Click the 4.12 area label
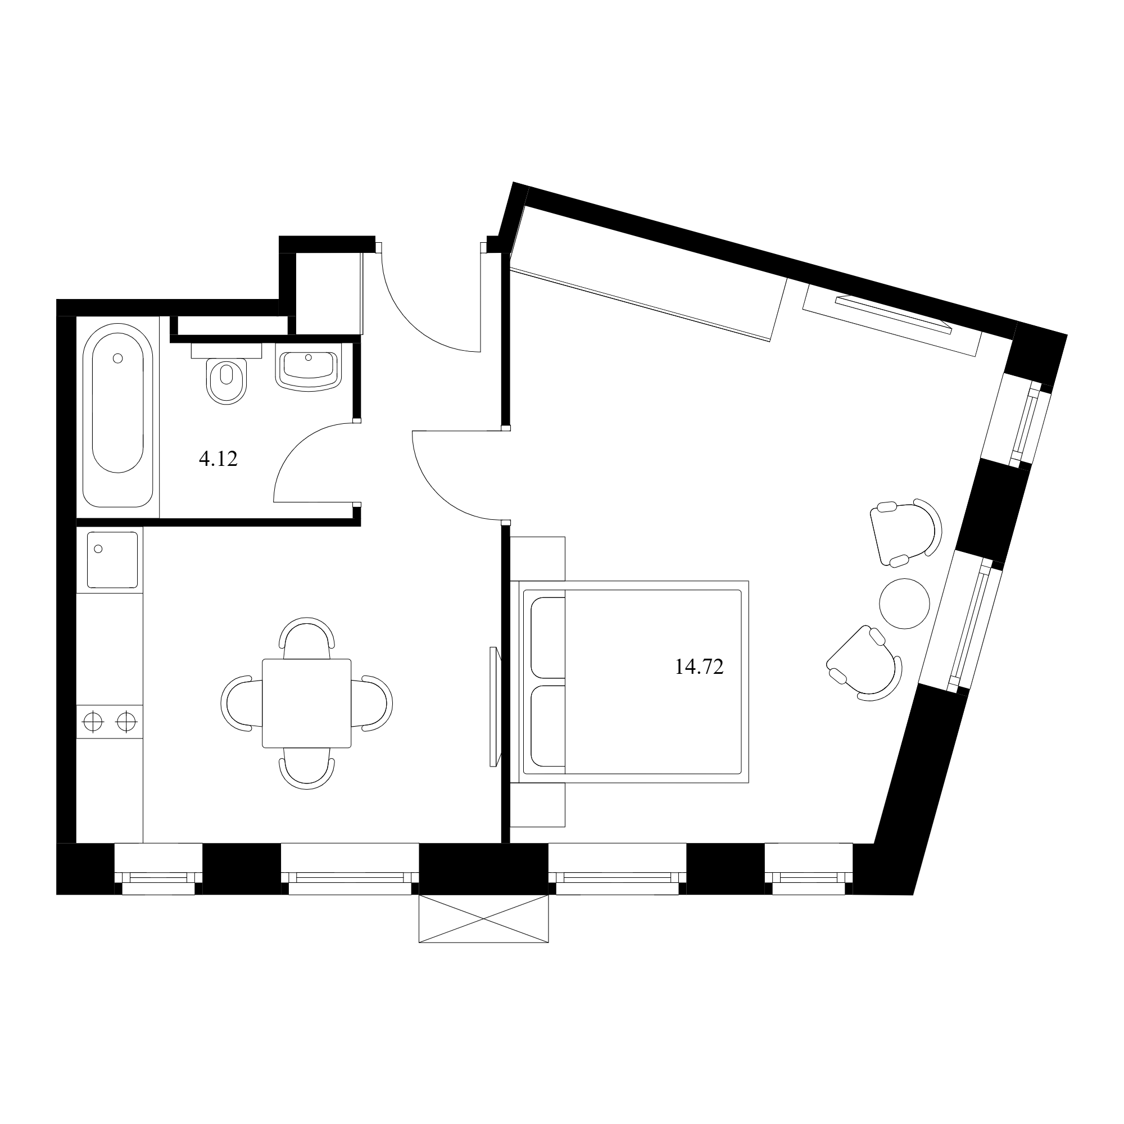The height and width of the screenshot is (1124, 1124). click(218, 460)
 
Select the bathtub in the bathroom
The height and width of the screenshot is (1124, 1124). click(118, 415)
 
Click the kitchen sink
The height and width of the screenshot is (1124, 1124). click(113, 559)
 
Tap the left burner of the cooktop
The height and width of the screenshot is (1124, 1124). click(93, 722)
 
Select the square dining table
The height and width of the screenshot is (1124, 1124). click(307, 704)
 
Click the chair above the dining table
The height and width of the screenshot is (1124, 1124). click(307, 637)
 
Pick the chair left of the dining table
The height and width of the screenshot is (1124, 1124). click(241, 704)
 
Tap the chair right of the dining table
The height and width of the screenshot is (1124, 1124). click(373, 704)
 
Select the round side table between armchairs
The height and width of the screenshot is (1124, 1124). click(905, 603)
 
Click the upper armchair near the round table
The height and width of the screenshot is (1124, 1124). click(905, 532)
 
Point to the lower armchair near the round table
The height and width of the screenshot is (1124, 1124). click(864, 663)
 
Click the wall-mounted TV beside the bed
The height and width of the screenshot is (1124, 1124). click(495, 707)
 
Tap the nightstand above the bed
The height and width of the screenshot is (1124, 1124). click(538, 559)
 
